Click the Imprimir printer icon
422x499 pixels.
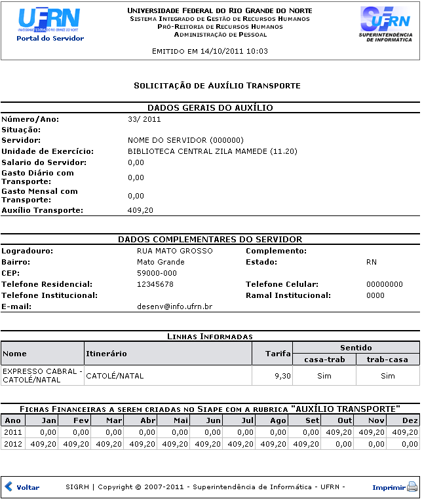tap(412, 487)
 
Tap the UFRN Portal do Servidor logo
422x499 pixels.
tap(50, 25)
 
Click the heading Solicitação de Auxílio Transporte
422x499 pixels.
tap(217, 86)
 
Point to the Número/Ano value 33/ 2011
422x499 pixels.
tap(144, 119)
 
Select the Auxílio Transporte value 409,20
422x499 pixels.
tap(140, 210)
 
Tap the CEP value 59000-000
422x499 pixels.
tap(157, 273)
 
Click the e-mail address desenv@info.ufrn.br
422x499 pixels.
tap(174, 306)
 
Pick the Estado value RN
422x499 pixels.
tap(372, 262)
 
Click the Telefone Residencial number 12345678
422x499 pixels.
tap(155, 284)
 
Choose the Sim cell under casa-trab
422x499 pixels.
tap(324, 376)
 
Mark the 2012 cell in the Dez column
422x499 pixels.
tap(402, 443)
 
